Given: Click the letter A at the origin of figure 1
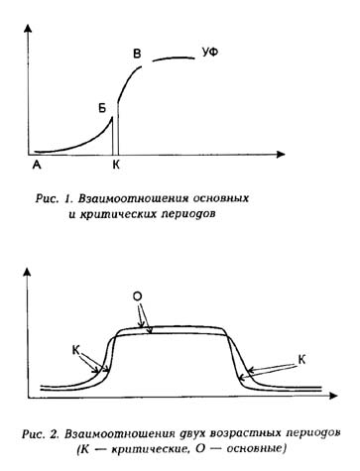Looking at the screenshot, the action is coord(37,165).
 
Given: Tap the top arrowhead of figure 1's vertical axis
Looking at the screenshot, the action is coord(25,23).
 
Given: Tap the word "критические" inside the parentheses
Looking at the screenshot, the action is coord(165,448).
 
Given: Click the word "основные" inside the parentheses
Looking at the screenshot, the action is coord(250,448).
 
